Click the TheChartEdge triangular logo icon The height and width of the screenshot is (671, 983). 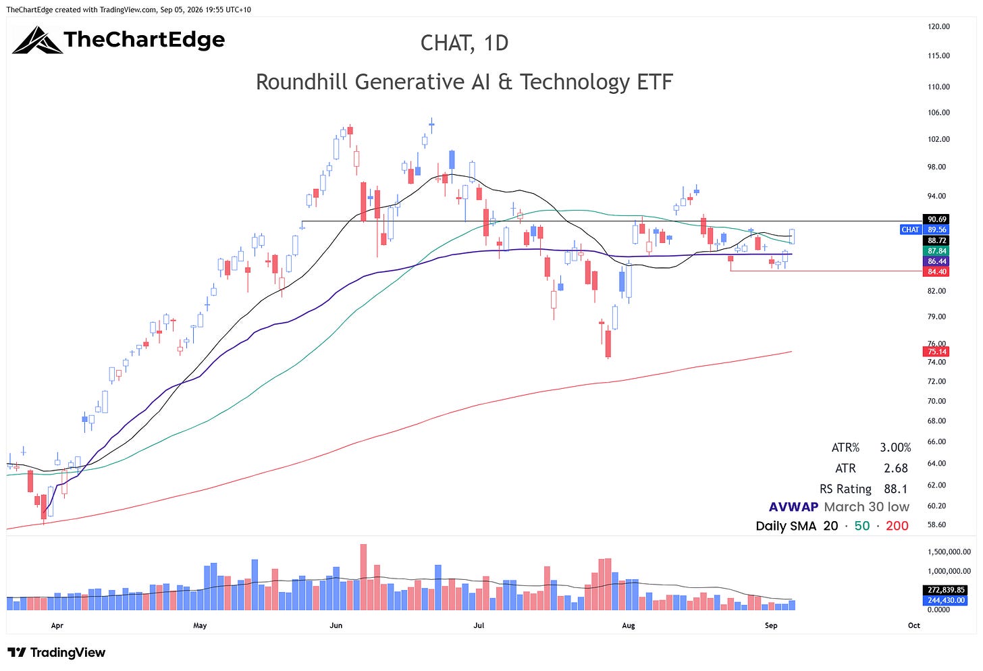[37, 41]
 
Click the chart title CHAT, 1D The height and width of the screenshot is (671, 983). [464, 43]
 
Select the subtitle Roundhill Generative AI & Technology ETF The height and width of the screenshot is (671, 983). [464, 82]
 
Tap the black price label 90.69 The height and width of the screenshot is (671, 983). [936, 219]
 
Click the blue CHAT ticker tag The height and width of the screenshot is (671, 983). [910, 230]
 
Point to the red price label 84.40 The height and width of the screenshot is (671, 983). [936, 271]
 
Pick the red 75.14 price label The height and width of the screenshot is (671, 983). [936, 352]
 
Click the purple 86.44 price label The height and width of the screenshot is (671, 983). [936, 261]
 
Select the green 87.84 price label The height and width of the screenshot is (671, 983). [936, 250]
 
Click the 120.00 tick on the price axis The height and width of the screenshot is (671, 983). [938, 27]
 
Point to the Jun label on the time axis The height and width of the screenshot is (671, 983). [336, 625]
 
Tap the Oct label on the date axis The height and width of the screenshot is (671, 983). [913, 625]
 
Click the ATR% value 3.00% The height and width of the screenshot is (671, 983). [895, 448]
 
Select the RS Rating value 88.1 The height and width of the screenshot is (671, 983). [895, 489]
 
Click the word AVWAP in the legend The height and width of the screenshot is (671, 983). [793, 507]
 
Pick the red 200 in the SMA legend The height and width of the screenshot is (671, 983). [897, 526]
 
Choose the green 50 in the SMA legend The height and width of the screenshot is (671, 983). [862, 526]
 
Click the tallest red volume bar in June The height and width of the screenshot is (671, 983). [363, 577]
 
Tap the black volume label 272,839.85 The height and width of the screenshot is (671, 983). [946, 590]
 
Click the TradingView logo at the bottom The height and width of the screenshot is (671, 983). [57, 653]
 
